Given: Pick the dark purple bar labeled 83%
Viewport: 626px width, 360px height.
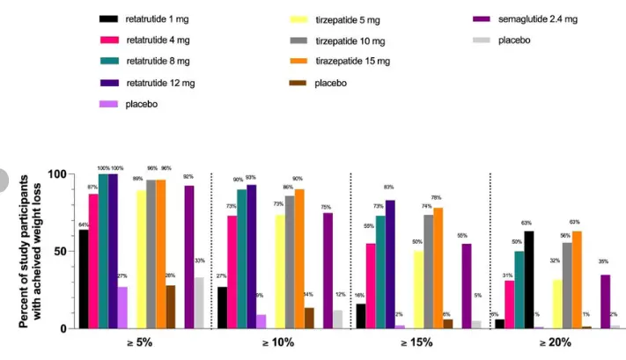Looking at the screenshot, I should (x=390, y=264).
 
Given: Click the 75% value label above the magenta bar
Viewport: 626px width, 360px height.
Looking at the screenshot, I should (x=327, y=206).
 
